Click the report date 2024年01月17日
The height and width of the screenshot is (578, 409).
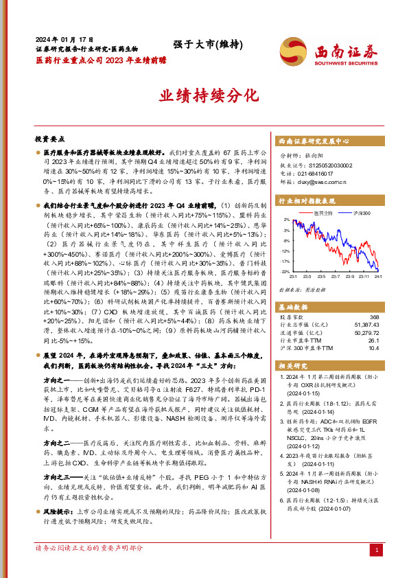(57, 40)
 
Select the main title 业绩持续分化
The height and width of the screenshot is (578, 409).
(204, 95)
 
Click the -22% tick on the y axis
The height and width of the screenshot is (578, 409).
(284, 272)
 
